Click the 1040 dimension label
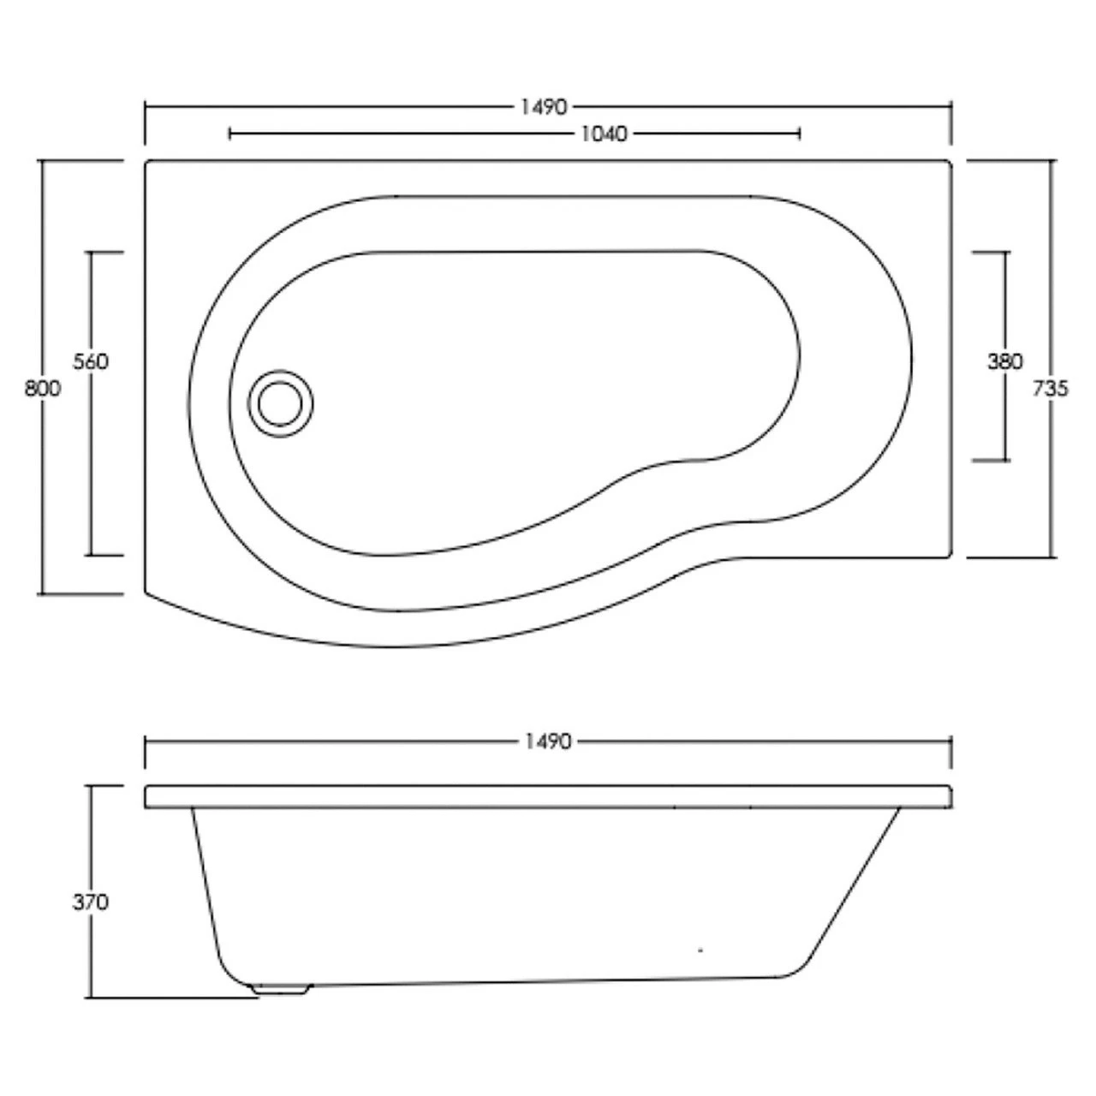pyautogui.click(x=605, y=134)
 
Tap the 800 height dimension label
pyautogui.click(x=42, y=389)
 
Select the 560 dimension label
pyautogui.click(x=91, y=362)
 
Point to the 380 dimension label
pyautogui.click(x=1004, y=362)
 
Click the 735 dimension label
pyautogui.click(x=1051, y=389)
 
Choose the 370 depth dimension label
pyautogui.click(x=91, y=902)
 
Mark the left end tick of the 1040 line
pyautogui.click(x=230, y=134)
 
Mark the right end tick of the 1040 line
pyautogui.click(x=799, y=134)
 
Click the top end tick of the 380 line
pyautogui.click(x=990, y=253)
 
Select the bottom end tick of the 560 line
pyautogui.click(x=105, y=555)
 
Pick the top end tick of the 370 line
pyautogui.click(x=106, y=785)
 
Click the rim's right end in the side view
pyautogui.click(x=950, y=796)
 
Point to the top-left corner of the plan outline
pyautogui.click(x=147, y=162)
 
